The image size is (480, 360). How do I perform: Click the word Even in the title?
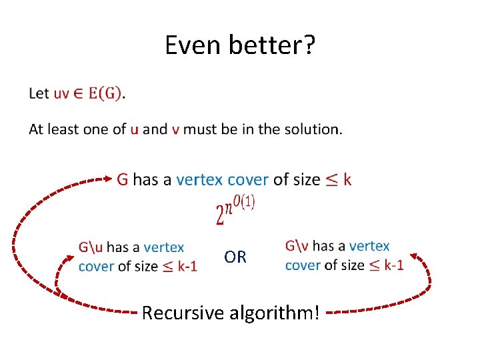point(194,45)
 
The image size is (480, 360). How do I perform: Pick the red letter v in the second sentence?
point(175,129)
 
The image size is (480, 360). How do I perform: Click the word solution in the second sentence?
point(313,129)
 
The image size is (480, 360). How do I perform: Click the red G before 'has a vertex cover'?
point(123,179)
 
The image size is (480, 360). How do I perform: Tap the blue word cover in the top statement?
point(248,179)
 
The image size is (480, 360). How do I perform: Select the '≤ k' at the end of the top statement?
point(338,179)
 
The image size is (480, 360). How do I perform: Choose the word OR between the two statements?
point(235,257)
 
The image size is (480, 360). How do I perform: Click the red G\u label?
point(91,247)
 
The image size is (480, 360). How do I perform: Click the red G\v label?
point(297,246)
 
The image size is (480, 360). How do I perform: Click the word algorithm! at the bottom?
point(281,311)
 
